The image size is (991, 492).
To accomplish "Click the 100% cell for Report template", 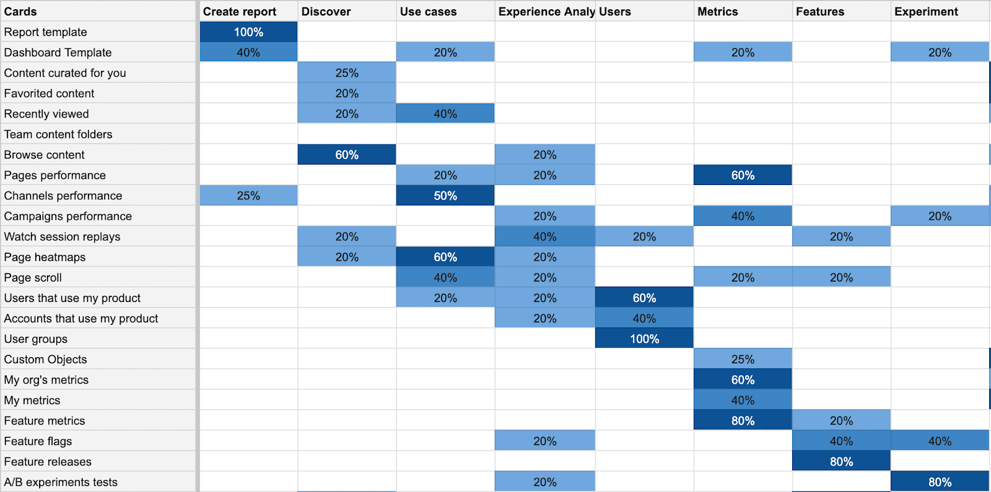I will tap(248, 32).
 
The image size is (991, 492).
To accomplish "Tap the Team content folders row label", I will tap(58, 134).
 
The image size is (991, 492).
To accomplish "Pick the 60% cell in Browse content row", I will tap(347, 155).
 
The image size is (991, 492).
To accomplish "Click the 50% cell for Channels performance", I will tap(445, 196).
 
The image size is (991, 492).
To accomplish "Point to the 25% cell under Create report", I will tap(248, 196).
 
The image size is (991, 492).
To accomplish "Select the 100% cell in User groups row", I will tap(644, 339).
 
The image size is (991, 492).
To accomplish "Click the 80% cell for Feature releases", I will tap(841, 461).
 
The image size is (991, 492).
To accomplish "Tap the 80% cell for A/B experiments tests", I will tap(940, 481).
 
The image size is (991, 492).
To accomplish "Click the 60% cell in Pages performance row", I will tap(743, 175).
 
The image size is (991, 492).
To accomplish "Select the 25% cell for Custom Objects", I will tap(743, 359).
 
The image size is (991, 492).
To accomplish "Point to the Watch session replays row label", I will tap(62, 236).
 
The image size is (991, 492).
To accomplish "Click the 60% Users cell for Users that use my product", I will tap(644, 298).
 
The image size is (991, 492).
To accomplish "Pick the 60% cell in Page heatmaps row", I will tap(445, 257).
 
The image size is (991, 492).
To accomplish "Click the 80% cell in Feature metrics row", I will tap(743, 420).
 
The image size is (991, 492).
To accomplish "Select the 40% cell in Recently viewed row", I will tap(445, 114).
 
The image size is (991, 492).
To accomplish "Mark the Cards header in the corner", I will tap(20, 11).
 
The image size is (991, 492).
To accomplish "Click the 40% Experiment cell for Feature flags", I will tap(940, 441).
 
